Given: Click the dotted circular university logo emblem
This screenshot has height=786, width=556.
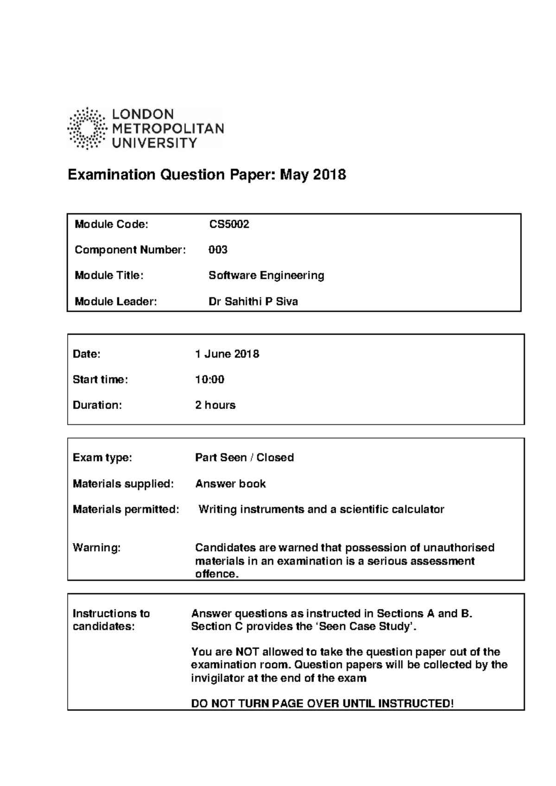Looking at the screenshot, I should click(87, 128).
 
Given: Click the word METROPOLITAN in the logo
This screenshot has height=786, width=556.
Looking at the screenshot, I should click(168, 129).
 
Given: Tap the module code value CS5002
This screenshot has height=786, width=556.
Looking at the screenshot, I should click(229, 225).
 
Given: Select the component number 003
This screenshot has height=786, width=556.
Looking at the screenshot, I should click(218, 250).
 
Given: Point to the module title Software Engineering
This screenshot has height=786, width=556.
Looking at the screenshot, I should click(266, 275).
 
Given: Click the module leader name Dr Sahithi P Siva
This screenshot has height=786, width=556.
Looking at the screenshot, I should click(253, 302).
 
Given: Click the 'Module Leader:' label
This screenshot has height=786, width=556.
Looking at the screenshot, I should click(116, 302).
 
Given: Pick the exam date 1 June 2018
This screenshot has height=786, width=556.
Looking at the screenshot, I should click(227, 354).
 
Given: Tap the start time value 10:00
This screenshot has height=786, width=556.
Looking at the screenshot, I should click(209, 380).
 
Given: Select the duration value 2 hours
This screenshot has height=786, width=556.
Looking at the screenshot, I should click(215, 405).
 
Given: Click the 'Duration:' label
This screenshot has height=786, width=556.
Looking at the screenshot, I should click(97, 405).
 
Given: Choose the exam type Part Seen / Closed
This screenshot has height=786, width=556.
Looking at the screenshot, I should click(244, 458).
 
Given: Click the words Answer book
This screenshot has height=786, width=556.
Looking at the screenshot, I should click(230, 484).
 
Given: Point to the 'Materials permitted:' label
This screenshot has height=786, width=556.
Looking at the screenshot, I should click(126, 510).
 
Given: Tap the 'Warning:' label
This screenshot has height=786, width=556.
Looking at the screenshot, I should click(96, 548).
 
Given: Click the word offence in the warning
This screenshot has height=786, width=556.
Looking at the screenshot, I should click(215, 574).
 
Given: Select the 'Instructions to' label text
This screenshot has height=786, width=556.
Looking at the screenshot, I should click(111, 614).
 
